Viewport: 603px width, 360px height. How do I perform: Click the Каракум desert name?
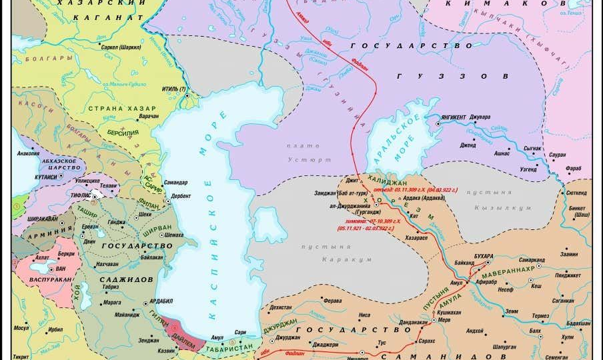(340, 257)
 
